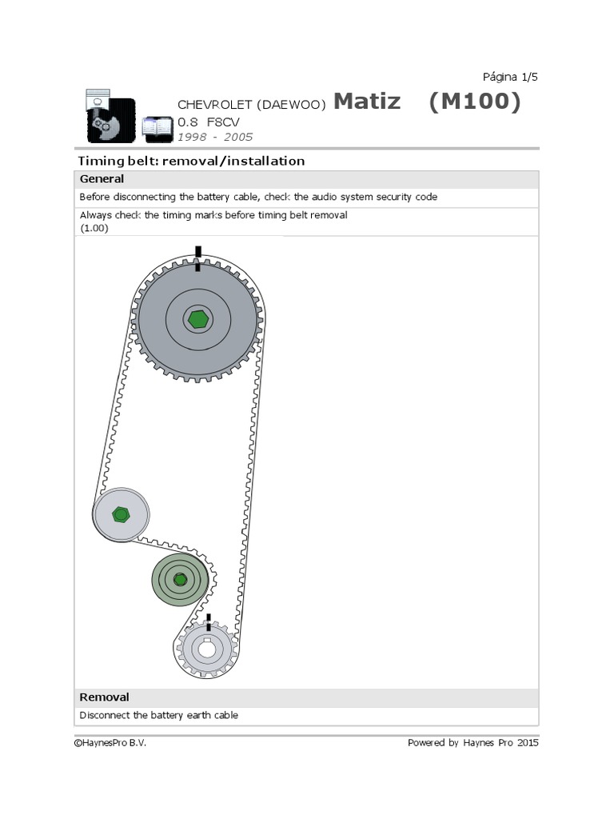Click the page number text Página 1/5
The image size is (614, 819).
[510, 77]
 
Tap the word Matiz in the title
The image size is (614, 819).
[367, 102]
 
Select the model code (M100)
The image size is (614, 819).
[474, 102]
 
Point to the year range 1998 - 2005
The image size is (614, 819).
[214, 137]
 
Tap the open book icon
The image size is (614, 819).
[157, 126]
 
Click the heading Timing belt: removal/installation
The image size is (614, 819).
[191, 161]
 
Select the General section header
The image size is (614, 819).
[102, 179]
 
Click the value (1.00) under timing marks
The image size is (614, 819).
[94, 228]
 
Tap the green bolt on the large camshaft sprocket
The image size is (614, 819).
[197, 319]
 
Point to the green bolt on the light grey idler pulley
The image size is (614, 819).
[121, 514]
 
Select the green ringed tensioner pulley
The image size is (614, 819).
[180, 579]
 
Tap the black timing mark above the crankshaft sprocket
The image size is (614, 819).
[209, 621]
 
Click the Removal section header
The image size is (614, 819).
[104, 697]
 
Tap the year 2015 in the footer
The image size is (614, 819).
[526, 743]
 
